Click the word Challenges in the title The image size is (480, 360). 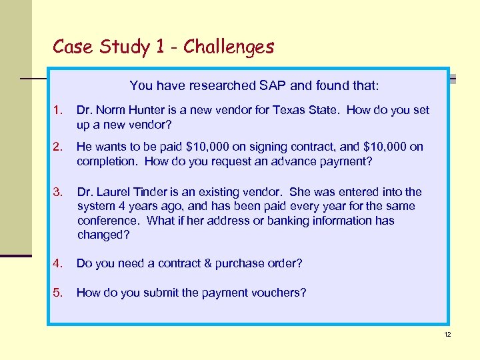pyautogui.click(x=229, y=47)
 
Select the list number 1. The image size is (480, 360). pyautogui.click(x=58, y=110)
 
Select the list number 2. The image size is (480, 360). pyautogui.click(x=58, y=147)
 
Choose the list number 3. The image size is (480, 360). pyautogui.click(x=58, y=193)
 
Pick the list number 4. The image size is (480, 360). pyautogui.click(x=58, y=263)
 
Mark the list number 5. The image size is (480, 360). pyautogui.click(x=58, y=293)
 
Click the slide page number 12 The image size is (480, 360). pyautogui.click(x=447, y=334)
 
